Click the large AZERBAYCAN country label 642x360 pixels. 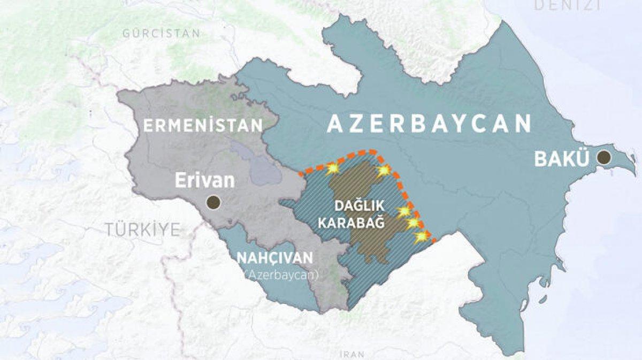click(429, 124)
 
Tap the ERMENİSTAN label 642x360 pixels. click(202, 126)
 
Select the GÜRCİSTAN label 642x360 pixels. click(161, 33)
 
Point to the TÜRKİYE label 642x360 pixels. click(142, 230)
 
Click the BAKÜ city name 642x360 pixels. click(562, 158)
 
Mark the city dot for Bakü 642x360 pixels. click(604, 157)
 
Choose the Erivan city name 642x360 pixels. click(205, 181)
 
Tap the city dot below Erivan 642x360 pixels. click(213, 202)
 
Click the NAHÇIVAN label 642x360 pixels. click(274, 258)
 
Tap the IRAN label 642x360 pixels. click(352, 354)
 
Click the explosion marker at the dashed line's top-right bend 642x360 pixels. click(384, 171)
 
